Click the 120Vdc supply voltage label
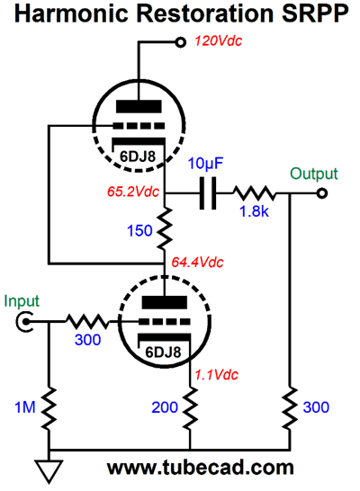(x=219, y=41)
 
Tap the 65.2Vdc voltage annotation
(x=133, y=192)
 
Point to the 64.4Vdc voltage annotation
(x=197, y=262)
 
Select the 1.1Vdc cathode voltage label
(x=217, y=374)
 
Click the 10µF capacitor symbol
(x=208, y=193)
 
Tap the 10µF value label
(x=205, y=164)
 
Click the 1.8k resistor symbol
(x=255, y=193)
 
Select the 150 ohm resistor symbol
(x=165, y=228)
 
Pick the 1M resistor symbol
(x=49, y=408)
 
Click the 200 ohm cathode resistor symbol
(x=190, y=408)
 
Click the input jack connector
(x=23, y=322)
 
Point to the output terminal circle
(x=322, y=193)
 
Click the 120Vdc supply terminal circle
(x=180, y=42)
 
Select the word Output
(x=314, y=174)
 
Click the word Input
(x=22, y=301)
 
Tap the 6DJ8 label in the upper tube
(x=138, y=156)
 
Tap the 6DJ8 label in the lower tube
(x=163, y=353)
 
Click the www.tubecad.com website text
(x=201, y=468)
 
